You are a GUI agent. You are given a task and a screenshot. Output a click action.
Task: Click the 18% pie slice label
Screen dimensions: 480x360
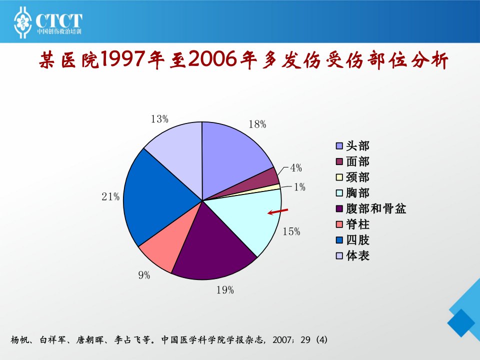[257, 124]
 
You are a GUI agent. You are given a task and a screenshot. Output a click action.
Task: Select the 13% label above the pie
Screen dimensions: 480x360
[159, 119]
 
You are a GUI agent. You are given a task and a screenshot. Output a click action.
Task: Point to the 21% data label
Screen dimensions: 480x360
[110, 196]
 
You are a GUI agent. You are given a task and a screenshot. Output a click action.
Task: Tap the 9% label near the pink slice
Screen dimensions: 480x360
[144, 275]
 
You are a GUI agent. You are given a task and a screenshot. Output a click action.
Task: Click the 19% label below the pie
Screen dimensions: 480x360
[225, 290]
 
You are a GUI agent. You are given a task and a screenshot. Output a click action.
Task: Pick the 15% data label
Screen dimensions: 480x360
[291, 231]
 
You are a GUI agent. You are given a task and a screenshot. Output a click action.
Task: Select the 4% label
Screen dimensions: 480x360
[296, 168]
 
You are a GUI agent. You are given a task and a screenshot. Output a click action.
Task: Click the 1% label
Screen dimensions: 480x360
[299, 187]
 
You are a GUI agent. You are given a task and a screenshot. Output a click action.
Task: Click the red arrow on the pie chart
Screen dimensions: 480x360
[278, 211]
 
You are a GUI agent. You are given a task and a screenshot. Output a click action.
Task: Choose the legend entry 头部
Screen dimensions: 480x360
[352, 145]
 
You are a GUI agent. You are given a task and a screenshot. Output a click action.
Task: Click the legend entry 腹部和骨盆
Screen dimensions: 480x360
[371, 208]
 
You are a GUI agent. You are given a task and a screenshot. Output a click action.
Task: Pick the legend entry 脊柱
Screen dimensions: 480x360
[352, 224]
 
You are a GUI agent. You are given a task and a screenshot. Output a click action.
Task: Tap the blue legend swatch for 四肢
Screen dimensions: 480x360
[339, 240]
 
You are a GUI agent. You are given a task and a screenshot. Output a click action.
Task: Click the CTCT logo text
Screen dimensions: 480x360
[59, 20]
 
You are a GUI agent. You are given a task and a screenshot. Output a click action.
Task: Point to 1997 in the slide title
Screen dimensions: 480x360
[122, 59]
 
